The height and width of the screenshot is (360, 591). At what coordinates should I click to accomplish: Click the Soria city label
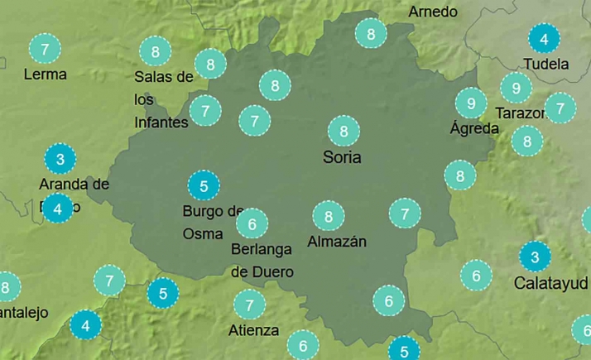click(343, 156)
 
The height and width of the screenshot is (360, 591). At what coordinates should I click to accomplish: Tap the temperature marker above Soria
click(343, 131)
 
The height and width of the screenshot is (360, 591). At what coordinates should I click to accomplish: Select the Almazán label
click(336, 242)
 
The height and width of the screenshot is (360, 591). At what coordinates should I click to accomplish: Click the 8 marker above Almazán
click(329, 217)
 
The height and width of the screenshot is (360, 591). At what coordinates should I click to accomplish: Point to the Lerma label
click(46, 74)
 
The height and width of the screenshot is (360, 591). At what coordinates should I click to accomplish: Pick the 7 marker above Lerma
click(44, 49)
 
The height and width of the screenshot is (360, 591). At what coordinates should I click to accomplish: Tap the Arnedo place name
click(433, 12)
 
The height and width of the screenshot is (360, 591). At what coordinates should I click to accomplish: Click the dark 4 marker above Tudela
click(543, 39)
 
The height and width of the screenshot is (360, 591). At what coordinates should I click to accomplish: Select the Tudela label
click(546, 64)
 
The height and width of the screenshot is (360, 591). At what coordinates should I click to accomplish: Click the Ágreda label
click(474, 128)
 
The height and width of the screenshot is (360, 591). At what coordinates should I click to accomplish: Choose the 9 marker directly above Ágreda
click(471, 103)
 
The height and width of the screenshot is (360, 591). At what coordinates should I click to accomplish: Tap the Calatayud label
click(551, 283)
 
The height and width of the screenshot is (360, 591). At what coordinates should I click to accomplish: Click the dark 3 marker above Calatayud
click(535, 257)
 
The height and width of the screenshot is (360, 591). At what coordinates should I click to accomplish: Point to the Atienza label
click(252, 330)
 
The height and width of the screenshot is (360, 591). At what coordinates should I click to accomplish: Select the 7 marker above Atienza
click(249, 305)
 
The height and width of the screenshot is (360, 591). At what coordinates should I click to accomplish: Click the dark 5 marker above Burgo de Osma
click(204, 185)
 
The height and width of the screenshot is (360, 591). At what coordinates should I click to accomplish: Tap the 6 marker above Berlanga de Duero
click(252, 223)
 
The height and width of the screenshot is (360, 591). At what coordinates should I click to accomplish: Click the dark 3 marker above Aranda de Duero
click(60, 157)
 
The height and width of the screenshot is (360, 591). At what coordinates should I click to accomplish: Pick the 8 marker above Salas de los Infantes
click(156, 51)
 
